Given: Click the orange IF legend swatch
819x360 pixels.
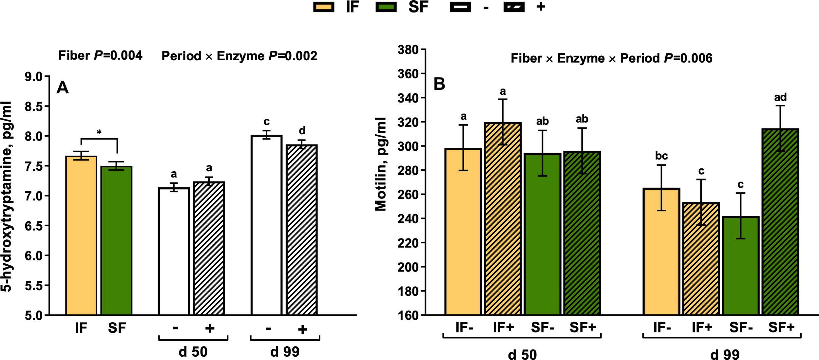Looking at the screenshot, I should pyautogui.click(x=324, y=7).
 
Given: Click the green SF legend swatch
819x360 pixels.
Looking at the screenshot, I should pyautogui.click(x=386, y=7).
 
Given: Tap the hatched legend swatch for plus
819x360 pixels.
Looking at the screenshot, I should pyautogui.click(x=514, y=7).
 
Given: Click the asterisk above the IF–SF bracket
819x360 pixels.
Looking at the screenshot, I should pyautogui.click(x=99, y=133).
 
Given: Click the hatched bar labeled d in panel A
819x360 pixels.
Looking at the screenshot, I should pyautogui.click(x=301, y=230).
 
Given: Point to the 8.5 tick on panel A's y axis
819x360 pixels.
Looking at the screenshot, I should pyautogui.click(x=34, y=106).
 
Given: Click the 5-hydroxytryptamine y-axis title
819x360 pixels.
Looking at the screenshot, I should pyautogui.click(x=7, y=196).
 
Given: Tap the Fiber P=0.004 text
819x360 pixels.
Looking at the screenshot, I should pyautogui.click(x=100, y=55).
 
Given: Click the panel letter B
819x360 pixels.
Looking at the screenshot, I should pyautogui.click(x=439, y=84).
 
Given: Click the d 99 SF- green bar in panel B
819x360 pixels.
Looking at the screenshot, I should pyautogui.click(x=740, y=265).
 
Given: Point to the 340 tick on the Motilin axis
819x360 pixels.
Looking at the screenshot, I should pyautogui.click(x=408, y=98).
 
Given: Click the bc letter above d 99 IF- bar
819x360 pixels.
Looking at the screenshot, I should pyautogui.click(x=661, y=156).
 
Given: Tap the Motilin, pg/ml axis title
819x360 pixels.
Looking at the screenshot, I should pyautogui.click(x=381, y=164).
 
